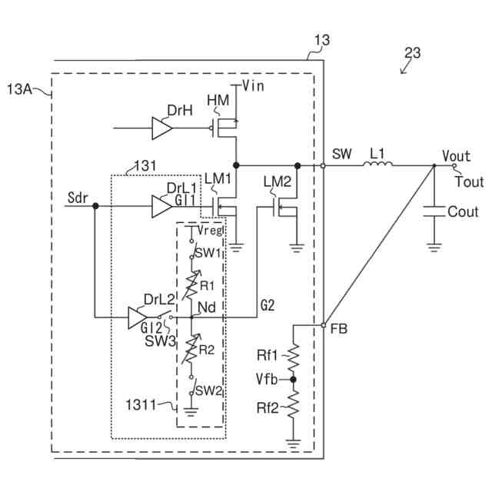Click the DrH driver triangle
click(161, 128)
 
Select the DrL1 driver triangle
click(161, 206)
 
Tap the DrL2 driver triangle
click(138, 317)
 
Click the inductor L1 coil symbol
click(377, 164)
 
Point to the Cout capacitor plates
click(434, 211)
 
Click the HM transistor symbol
click(224, 128)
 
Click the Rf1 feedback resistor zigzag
click(293, 357)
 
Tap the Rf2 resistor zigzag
click(293, 405)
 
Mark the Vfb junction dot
click(293, 380)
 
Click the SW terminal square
click(323, 165)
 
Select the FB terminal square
click(323, 325)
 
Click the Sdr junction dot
click(95, 206)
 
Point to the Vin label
click(253, 85)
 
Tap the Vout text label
click(456, 155)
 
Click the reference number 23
click(412, 53)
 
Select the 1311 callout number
click(141, 405)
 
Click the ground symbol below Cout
click(434, 248)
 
